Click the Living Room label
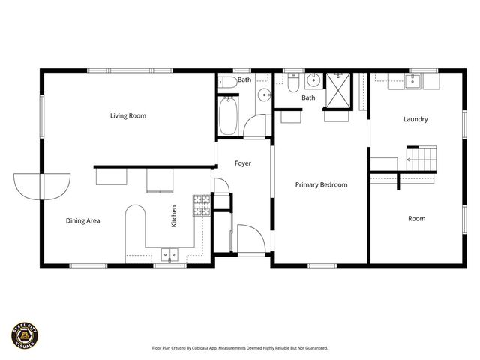[x=127, y=115]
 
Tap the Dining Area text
[x=82, y=220]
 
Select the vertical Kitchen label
[x=174, y=217]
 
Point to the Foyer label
[x=243, y=163]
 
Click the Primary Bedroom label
[x=321, y=184]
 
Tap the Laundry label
[x=415, y=119]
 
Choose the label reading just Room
[x=416, y=218]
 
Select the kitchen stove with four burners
[x=202, y=205]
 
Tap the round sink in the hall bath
[x=263, y=95]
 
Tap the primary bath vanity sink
[x=313, y=82]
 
